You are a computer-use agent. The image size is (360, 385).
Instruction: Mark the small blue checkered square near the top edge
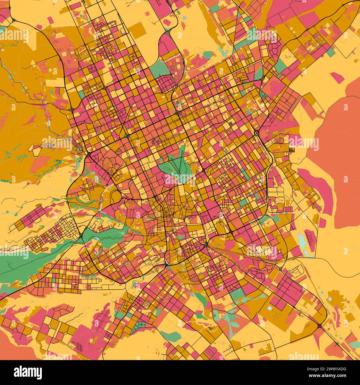pos(184,18)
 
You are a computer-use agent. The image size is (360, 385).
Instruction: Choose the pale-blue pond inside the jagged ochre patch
pos(330,299)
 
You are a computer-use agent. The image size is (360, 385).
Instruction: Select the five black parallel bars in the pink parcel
pos(79,346)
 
